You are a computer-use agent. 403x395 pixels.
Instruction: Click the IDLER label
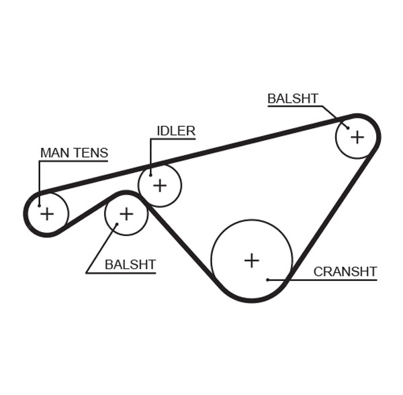pos(176,131)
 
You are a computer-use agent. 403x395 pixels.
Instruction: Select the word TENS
pos(90,153)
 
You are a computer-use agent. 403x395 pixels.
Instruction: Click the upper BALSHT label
pos(293,99)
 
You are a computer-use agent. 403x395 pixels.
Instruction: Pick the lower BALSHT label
pos(130,265)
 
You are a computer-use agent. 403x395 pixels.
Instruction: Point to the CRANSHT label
pos(345,272)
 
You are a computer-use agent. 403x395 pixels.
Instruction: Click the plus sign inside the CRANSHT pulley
pos(251,260)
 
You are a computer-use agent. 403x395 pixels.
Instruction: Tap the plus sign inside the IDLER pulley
pos(159,184)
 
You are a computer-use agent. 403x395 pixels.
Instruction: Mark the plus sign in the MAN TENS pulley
pos(47,214)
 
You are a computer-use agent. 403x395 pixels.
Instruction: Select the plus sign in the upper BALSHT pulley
pos(357,137)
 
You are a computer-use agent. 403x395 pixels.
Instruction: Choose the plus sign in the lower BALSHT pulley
pos(126,214)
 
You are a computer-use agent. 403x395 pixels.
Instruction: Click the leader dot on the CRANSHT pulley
pos(267,280)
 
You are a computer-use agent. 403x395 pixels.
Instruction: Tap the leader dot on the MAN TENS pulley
pos(39,205)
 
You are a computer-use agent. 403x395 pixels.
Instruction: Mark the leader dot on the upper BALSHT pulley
pos(347,127)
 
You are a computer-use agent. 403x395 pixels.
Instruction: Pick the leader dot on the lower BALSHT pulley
pos(117,225)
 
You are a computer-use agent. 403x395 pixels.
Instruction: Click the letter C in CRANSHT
pos(318,272)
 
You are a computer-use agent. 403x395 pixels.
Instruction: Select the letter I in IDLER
pos(159,131)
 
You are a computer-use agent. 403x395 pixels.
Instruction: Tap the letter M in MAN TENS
pos(46,153)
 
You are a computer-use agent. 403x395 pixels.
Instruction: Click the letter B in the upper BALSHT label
pos(271,99)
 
